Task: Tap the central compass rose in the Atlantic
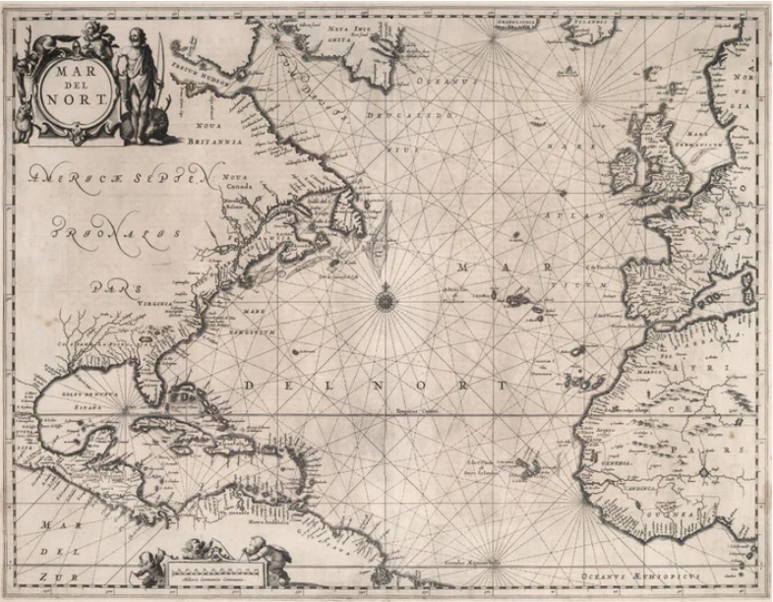coord(385,295)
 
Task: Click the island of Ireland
coord(625,169)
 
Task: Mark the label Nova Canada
coord(239,184)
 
